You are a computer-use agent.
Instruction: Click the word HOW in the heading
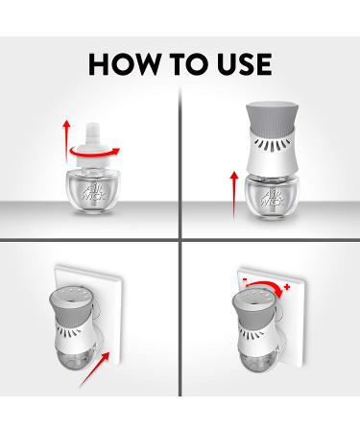pyautogui.click(x=124, y=64)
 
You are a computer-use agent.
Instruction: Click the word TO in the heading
pyautogui.click(x=188, y=64)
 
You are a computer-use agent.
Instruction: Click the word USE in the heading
pyautogui.click(x=245, y=64)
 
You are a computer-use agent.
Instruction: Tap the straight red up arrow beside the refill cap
pyautogui.click(x=66, y=141)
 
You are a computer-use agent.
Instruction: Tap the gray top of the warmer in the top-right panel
pyautogui.click(x=272, y=116)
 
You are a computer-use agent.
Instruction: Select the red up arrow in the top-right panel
pyautogui.click(x=234, y=195)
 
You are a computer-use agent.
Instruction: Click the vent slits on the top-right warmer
pyautogui.click(x=272, y=144)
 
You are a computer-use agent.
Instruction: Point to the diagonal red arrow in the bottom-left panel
pyautogui.click(x=95, y=369)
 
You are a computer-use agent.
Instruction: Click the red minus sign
pyautogui.click(x=245, y=279)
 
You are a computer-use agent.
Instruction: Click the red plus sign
pyautogui.click(x=287, y=287)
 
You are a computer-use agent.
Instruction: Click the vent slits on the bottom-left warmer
pyautogui.click(x=68, y=331)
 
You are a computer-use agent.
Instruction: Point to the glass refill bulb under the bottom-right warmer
pyautogui.click(x=257, y=361)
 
